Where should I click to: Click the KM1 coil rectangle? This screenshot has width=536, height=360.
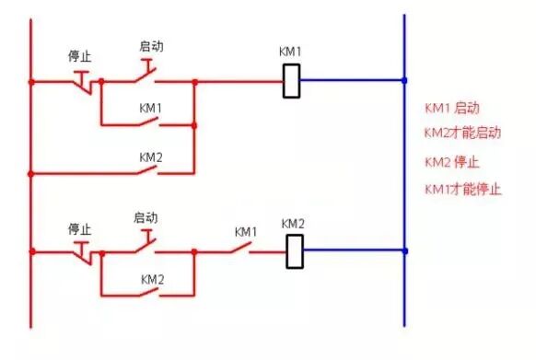[292, 81]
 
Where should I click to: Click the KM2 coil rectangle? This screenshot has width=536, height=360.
[295, 250]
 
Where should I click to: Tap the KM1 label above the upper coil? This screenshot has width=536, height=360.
[291, 52]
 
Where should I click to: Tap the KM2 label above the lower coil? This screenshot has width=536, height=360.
[293, 224]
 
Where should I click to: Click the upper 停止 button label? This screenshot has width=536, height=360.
[79, 56]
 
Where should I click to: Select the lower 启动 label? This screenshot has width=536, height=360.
[146, 218]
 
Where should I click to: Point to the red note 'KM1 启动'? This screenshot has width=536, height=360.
[451, 109]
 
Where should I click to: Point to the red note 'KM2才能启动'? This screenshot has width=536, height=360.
[462, 133]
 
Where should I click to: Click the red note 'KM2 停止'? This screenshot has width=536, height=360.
[451, 162]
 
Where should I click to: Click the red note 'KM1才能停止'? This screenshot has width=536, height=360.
[462, 189]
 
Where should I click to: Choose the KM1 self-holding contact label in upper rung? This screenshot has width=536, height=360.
[151, 108]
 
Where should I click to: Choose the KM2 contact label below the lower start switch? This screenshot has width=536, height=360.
[152, 278]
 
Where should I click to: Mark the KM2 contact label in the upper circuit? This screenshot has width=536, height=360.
[151, 157]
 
